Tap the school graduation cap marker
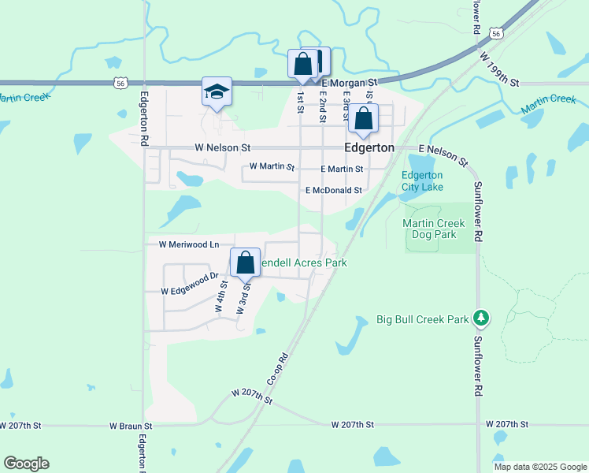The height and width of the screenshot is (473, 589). click(x=217, y=92)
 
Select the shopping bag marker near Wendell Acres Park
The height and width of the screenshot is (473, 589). click(x=245, y=263)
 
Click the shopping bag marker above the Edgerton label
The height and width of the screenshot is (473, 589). click(x=364, y=118)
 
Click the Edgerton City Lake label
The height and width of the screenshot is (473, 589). click(x=423, y=181)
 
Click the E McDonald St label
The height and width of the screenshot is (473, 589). click(x=333, y=191)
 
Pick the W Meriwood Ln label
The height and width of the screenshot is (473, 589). click(x=189, y=245)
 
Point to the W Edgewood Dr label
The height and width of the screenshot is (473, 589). click(x=189, y=284)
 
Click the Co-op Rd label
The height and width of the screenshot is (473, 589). click(x=279, y=368)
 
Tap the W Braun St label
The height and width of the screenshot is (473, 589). click(x=130, y=426)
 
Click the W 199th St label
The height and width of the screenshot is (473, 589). click(x=499, y=70)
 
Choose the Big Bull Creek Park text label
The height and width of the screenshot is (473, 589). click(x=422, y=319)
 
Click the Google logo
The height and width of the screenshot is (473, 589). click(x=26, y=464)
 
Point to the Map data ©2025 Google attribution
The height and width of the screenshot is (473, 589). click(x=540, y=467)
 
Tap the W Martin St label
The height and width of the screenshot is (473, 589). click(x=271, y=167)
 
